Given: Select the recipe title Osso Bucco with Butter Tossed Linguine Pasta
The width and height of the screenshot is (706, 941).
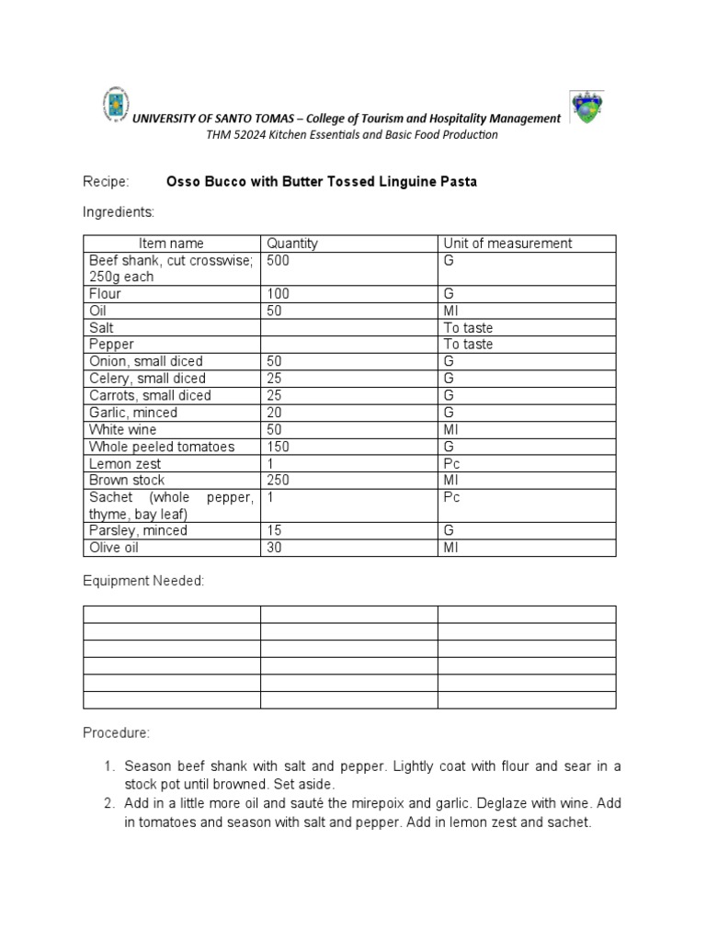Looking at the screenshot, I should coord(321,182).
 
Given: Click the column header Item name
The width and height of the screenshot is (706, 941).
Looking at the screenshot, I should coord(171,244).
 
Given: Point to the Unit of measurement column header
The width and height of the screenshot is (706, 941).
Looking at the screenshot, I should coord(507,244).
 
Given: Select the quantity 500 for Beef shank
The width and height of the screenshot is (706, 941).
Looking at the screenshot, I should coord(279,260).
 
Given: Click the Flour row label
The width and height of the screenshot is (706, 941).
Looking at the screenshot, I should coord(105,294).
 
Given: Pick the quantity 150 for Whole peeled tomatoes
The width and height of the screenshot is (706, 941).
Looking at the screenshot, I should coord(279,447).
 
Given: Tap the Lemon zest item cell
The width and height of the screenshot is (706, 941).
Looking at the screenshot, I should coord(124,464).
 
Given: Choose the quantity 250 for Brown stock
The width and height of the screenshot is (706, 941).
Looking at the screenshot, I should coord(279,481).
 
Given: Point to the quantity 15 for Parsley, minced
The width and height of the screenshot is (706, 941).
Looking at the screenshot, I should coord(275,531).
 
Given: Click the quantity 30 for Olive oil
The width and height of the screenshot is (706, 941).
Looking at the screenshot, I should coord(275,548).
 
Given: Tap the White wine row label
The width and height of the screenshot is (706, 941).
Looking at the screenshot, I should coord(122,430).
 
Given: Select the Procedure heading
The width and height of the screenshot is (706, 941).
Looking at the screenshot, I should coord(115,733).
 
